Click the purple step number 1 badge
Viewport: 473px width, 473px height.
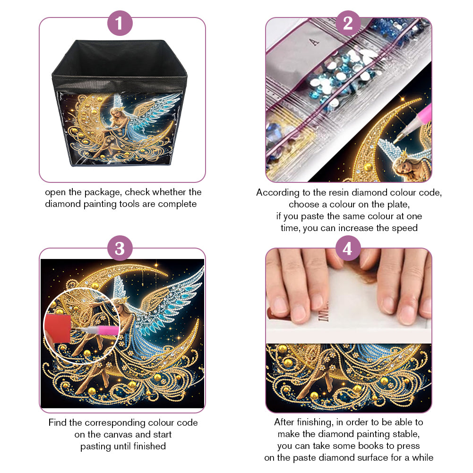click(120, 23)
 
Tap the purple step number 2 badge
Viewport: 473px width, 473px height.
click(348, 23)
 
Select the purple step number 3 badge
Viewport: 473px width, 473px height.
click(120, 248)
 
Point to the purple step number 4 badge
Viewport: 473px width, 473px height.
click(348, 248)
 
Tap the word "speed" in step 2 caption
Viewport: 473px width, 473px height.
click(404, 228)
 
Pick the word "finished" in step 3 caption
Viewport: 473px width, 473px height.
click(149, 446)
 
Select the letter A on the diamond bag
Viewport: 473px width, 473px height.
click(314, 42)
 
